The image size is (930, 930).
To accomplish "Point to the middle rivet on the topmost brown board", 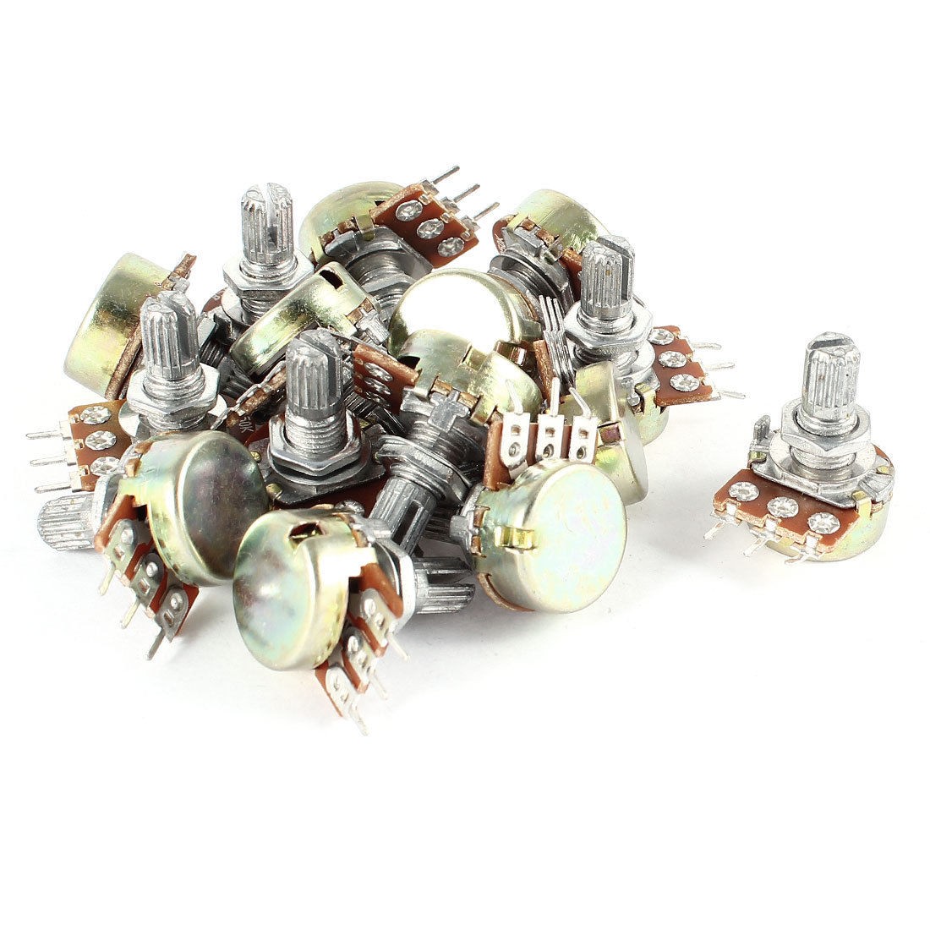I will tap(434, 226).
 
